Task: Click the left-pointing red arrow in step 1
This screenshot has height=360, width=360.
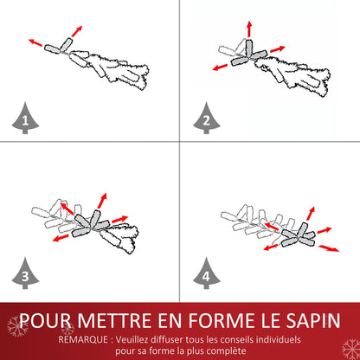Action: coord(36,41)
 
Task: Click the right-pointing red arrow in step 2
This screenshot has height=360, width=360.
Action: coord(276,48)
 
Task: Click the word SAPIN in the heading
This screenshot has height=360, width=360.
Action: coord(306,322)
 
